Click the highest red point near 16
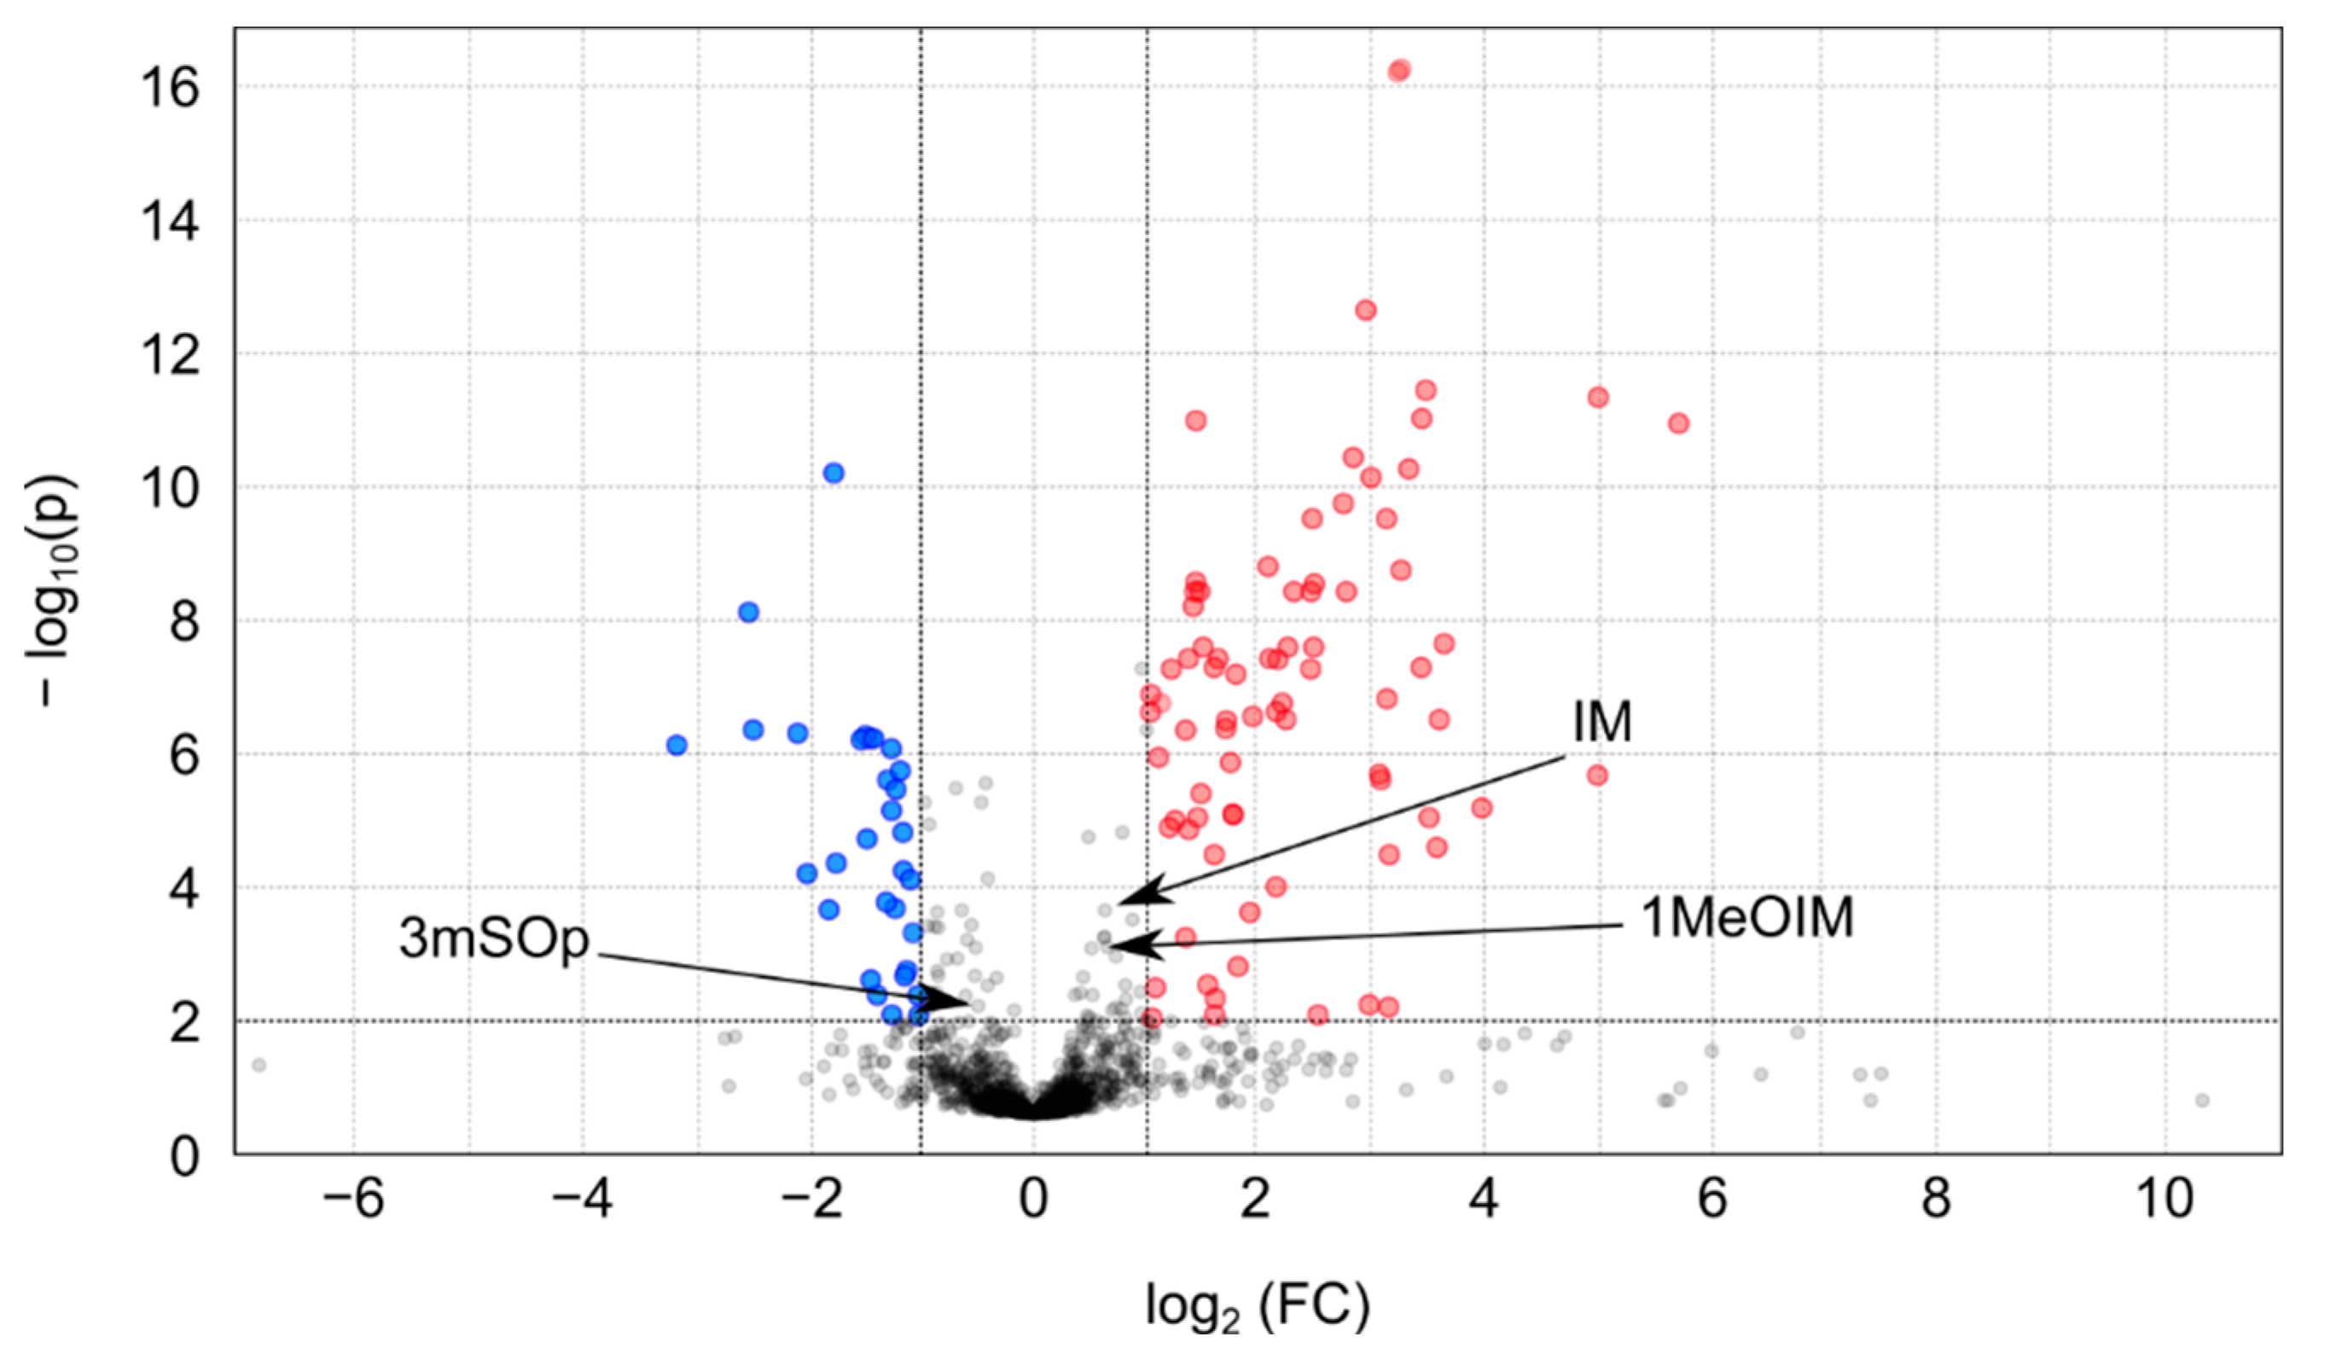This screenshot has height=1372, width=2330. click(1399, 70)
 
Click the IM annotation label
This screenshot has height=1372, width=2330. click(1601, 722)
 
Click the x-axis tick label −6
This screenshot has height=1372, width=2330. click(353, 1200)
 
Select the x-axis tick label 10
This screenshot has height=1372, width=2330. click(2164, 1200)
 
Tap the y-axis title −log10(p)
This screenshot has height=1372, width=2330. click(53, 591)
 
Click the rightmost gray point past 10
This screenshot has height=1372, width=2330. click(2201, 1100)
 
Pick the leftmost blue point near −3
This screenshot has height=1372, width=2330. click(676, 744)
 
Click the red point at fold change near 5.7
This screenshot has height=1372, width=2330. click(1678, 423)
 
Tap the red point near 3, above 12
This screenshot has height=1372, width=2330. click(1365, 310)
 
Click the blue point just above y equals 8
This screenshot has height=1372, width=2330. click(748, 612)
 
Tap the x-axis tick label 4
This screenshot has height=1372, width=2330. click(1483, 1200)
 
